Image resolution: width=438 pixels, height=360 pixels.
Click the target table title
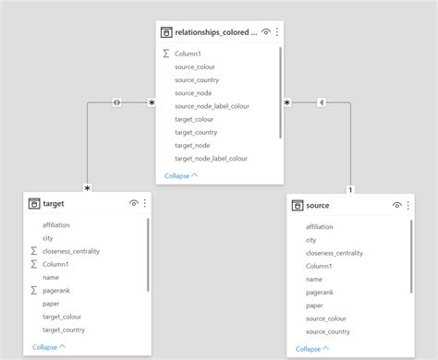pos(54,203)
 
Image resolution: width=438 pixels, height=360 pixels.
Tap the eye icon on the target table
pos(134,203)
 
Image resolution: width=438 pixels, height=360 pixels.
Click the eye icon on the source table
pos(396,205)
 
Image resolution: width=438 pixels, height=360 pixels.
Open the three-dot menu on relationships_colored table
pos(276,31)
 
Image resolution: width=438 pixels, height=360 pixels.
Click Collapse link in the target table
pos(49,347)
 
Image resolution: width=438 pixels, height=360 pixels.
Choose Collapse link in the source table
pos(311,348)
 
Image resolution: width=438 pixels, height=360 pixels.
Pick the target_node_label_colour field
pos(211,159)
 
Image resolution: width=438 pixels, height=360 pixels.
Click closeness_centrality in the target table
pos(71,251)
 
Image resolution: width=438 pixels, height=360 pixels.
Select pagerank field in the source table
pos(320,292)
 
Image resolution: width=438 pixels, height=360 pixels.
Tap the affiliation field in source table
pos(320,226)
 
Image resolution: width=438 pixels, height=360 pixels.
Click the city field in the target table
pos(48,238)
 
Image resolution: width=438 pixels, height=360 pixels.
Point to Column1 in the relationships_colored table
pos(189,54)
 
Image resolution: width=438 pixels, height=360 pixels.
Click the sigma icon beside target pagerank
pos(33,290)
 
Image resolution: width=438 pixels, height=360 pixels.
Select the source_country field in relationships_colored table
pos(196,79)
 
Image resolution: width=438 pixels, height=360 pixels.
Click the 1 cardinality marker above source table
pos(349,190)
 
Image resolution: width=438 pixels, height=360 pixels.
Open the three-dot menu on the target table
pos(144,203)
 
